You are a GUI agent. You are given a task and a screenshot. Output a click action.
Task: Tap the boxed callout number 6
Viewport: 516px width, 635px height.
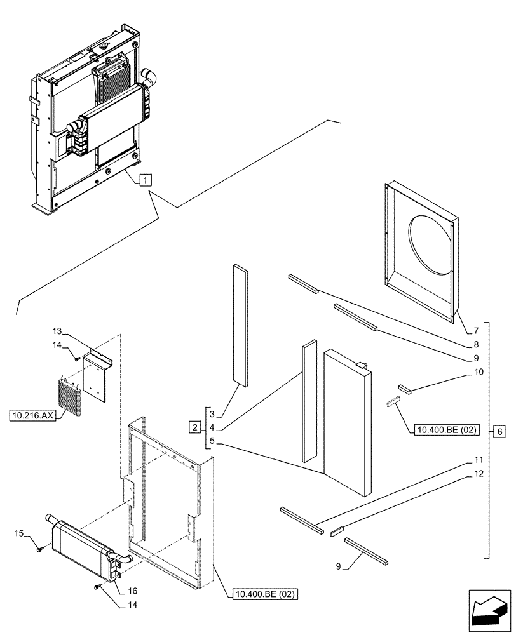pos(499,432)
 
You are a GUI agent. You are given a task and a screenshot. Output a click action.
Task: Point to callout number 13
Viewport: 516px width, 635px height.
pos(57,331)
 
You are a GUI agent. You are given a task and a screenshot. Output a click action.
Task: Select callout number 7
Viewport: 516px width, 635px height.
pos(475,331)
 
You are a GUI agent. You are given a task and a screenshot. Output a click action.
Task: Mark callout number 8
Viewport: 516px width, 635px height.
pos(475,345)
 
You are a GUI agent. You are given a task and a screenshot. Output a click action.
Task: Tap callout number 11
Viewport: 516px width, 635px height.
pos(477,460)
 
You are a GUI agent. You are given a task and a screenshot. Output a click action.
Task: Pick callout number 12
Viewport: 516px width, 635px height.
pos(477,474)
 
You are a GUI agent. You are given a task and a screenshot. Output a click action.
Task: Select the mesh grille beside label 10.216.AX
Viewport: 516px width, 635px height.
pos(71,396)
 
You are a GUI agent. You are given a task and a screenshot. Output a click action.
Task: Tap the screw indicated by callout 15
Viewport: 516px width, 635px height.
pos(39,548)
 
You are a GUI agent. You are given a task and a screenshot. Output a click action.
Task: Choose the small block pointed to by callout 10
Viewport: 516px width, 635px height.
pos(405,389)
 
